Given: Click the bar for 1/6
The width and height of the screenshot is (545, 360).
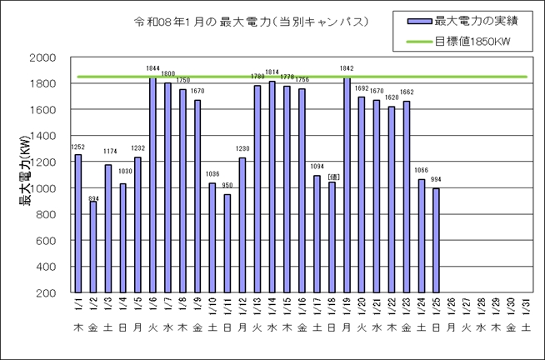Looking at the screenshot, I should click(x=153, y=184).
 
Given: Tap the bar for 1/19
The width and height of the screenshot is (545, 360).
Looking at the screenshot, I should click(x=347, y=184).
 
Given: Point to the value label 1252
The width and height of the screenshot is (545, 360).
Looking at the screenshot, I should click(x=78, y=147).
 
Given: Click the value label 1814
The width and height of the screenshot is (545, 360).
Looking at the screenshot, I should click(x=272, y=72).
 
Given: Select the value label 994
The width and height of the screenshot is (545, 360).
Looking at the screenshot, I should click(x=436, y=180).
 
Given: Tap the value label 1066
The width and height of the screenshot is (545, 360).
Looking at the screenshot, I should click(x=422, y=171).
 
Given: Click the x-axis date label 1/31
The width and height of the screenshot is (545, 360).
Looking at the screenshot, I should click(x=525, y=306).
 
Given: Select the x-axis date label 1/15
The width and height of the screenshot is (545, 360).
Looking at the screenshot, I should click(x=287, y=306).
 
